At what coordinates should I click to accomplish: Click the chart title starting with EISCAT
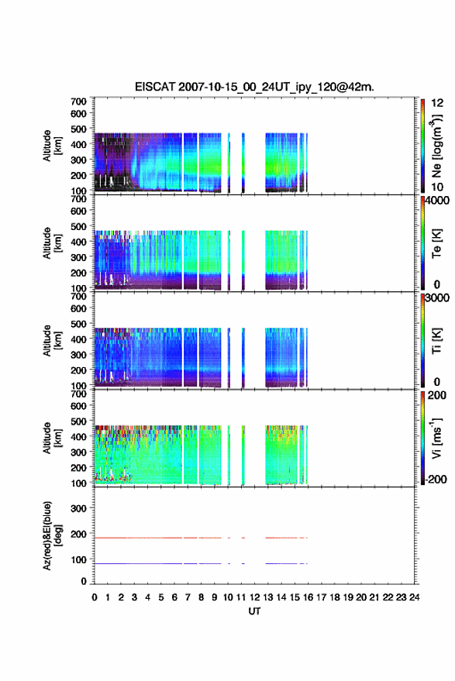click(254, 87)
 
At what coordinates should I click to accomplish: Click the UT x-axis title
click(254, 611)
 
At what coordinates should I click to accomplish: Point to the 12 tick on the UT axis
click(254, 597)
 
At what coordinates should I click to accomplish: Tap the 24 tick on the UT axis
click(414, 597)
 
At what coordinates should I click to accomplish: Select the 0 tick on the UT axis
click(95, 597)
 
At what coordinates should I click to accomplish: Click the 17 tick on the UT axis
click(321, 597)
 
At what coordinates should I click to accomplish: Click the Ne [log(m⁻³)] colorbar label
click(436, 146)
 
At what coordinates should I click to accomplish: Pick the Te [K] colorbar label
click(436, 243)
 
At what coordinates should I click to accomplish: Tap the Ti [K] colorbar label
click(436, 341)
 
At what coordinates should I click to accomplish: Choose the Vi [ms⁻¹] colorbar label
click(436, 438)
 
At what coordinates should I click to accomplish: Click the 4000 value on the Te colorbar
click(437, 201)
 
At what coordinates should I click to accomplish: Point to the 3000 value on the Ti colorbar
click(437, 298)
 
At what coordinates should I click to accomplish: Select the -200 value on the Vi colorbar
click(436, 479)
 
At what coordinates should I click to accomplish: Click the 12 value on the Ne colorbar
click(437, 103)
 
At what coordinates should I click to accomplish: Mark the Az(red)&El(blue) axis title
click(52, 535)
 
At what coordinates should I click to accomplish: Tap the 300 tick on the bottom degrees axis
click(78, 508)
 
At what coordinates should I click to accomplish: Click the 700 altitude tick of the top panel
click(78, 101)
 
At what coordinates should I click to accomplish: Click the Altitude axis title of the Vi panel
click(52, 438)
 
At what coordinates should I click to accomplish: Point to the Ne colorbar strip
click(422, 146)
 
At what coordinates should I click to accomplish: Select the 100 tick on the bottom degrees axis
click(78, 559)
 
